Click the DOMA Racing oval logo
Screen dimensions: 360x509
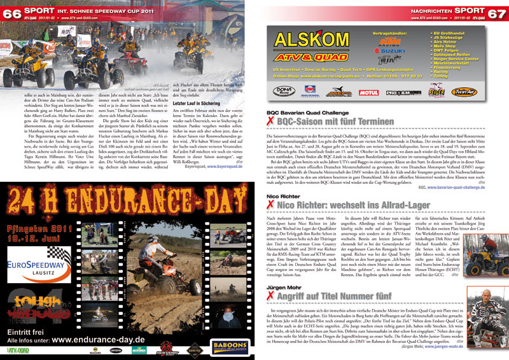[x=282, y=92]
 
